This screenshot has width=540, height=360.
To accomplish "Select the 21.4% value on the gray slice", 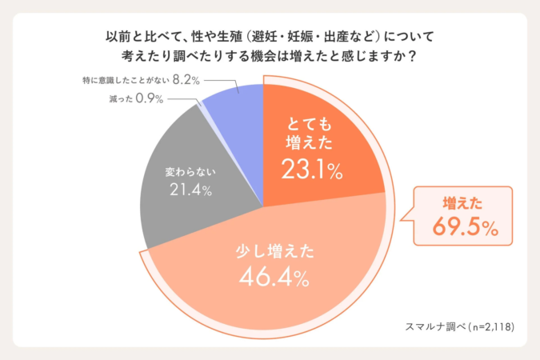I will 190,190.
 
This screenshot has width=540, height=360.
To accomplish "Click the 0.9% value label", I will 149,98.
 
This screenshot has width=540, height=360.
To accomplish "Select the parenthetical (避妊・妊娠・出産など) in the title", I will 311,37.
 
